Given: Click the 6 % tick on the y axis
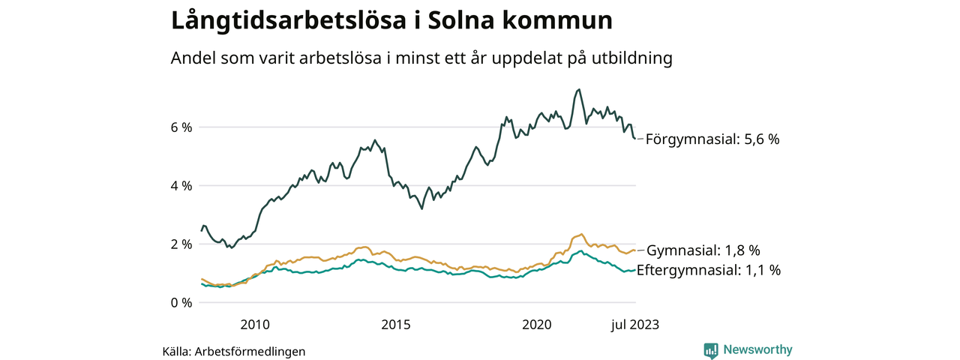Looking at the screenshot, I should (x=181, y=127).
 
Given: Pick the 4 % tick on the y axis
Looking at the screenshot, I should (x=181, y=186).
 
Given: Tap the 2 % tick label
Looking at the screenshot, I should (x=181, y=244).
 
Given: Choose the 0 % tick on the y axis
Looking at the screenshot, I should (x=181, y=303).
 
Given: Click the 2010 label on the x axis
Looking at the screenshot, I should (x=255, y=324).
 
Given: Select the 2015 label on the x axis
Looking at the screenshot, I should (x=396, y=324).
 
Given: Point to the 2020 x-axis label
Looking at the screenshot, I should (x=537, y=324).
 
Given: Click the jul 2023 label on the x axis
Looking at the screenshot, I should (x=634, y=324).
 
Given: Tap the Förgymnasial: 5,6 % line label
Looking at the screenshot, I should (x=712, y=139).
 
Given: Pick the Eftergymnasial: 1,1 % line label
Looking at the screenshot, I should (x=708, y=270).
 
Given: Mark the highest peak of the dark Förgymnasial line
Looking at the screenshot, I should (x=578, y=89).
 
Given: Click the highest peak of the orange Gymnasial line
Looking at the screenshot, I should (x=582, y=234).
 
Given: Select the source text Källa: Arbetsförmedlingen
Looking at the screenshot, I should (x=234, y=351).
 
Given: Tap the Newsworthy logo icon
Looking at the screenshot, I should (x=711, y=350).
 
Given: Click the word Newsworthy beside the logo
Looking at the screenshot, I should (x=757, y=349).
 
